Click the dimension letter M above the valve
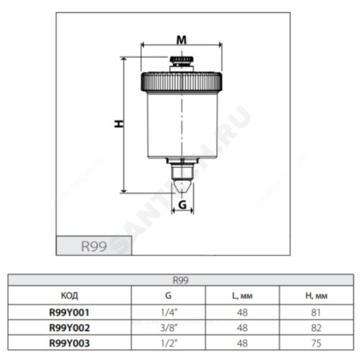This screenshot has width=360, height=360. [181, 40]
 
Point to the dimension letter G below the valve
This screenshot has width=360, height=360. [182, 205]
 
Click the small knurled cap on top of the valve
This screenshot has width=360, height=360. [181, 59]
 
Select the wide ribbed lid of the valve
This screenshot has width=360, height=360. [181, 81]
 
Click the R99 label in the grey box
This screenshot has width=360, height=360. [94, 246]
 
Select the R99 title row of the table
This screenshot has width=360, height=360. [181, 280]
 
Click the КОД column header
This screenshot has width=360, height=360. [69, 296]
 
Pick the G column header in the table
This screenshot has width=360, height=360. [168, 296]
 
